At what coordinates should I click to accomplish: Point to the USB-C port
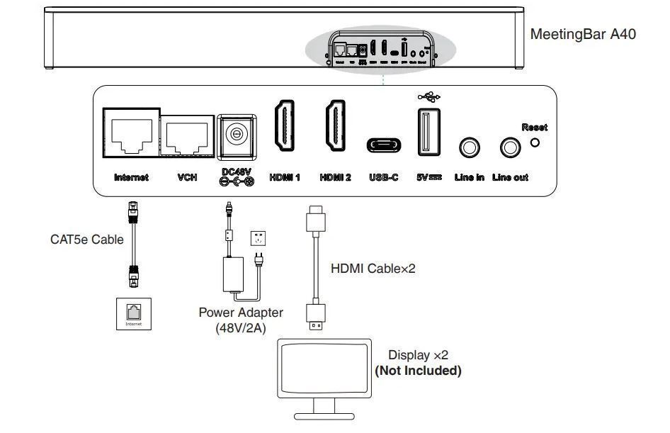click(384, 145)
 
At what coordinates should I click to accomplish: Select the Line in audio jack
click(470, 147)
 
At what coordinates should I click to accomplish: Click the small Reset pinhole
click(535, 142)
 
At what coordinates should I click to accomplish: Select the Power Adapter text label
click(241, 313)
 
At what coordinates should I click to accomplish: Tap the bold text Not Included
click(418, 371)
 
